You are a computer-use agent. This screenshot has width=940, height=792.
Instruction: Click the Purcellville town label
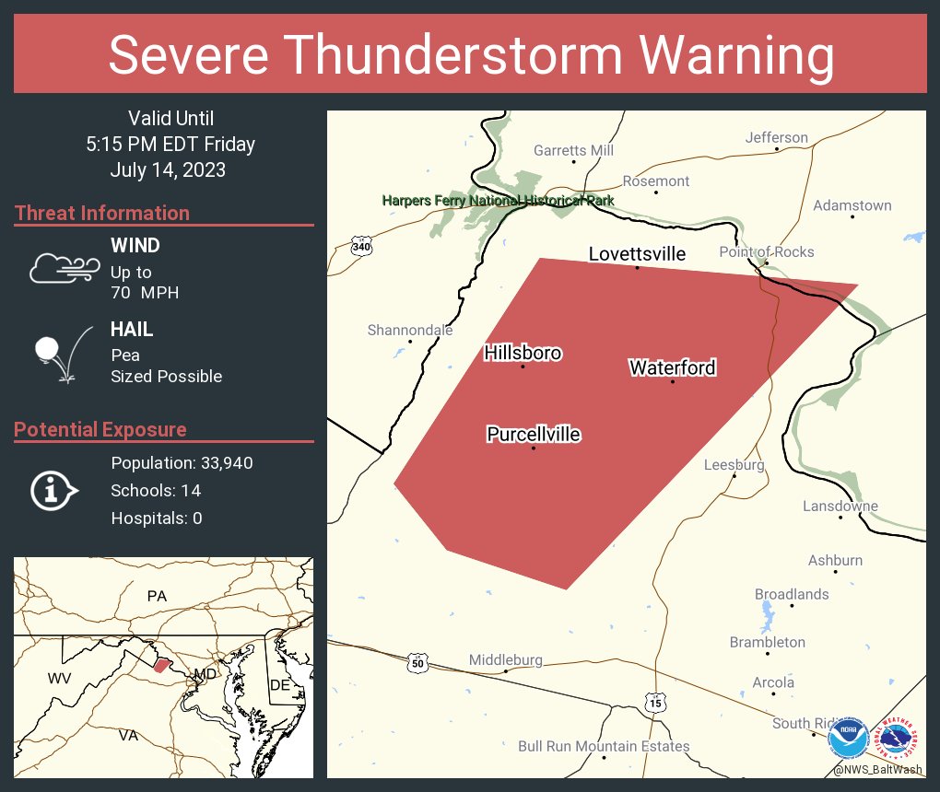[x=534, y=434]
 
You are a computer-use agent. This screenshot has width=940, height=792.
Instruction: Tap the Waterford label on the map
[x=672, y=368]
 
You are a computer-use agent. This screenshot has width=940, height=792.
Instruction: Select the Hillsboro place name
[x=523, y=353]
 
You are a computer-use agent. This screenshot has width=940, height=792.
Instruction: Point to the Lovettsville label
[x=638, y=254]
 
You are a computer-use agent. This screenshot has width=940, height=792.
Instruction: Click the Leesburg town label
[x=734, y=465]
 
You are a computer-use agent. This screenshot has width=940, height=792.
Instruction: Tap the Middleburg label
[x=505, y=660]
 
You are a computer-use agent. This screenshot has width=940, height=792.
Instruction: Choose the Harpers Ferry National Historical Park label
[x=498, y=201]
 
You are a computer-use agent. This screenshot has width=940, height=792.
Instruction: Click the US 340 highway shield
[x=361, y=246]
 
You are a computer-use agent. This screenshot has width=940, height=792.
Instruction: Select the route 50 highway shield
[x=417, y=662]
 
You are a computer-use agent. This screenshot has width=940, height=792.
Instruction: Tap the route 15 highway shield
[x=654, y=703]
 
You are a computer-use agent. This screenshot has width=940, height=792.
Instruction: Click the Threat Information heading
[x=102, y=214]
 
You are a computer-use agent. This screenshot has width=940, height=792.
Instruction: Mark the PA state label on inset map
[x=157, y=597]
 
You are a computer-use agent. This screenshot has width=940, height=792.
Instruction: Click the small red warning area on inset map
[x=161, y=665]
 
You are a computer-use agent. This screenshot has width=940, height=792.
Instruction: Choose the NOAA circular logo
[x=848, y=740]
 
